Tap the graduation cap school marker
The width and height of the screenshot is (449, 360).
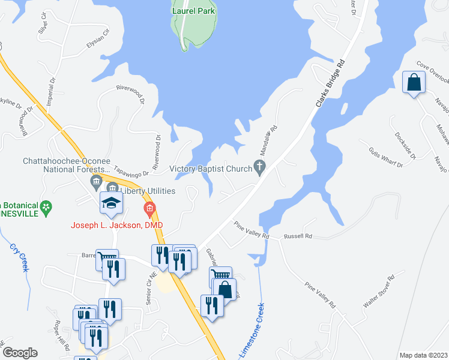pyautogui.click(x=112, y=203)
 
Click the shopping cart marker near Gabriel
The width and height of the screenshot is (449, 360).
pyautogui.click(x=220, y=277)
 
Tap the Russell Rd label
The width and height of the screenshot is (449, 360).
pyautogui.click(x=298, y=236)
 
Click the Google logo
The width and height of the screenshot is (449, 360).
pyautogui.click(x=20, y=353)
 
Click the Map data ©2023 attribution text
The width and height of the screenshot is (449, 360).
pyautogui.click(x=423, y=355)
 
